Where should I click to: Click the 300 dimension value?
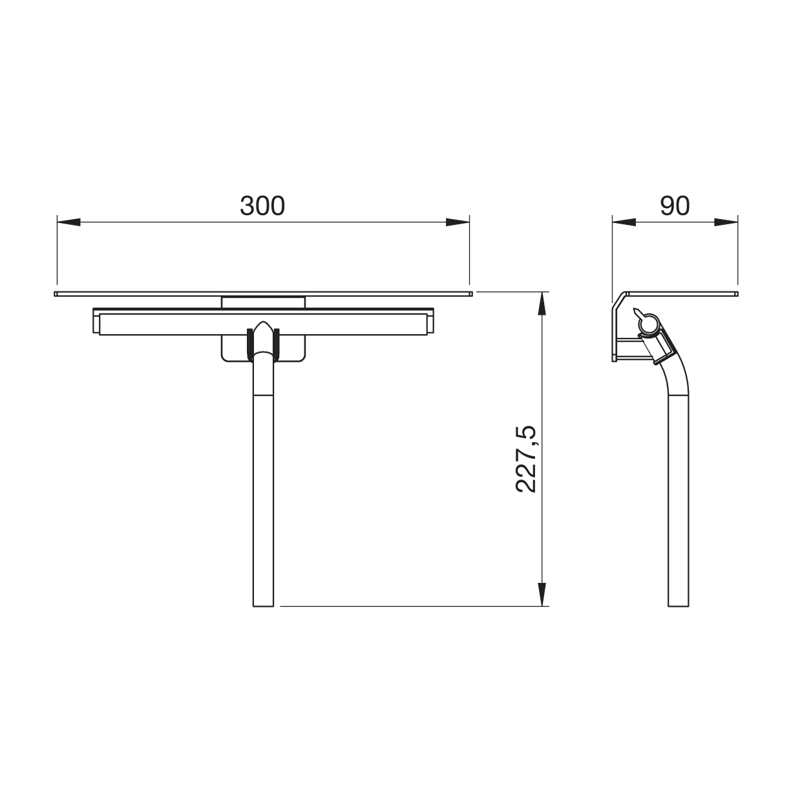point(262,206)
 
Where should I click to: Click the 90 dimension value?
point(675,206)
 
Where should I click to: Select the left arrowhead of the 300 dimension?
point(69,222)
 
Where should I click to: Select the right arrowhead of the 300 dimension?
point(458,222)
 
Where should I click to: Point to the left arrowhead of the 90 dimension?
point(624,222)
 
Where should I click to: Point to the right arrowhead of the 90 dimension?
point(726,222)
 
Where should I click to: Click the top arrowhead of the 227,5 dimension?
point(542,303)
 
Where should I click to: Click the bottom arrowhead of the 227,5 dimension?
point(542,595)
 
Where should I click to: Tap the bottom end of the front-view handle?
point(263,606)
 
